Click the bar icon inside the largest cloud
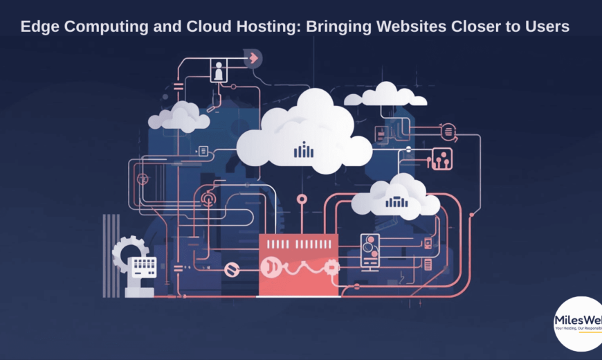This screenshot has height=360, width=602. [x=303, y=150]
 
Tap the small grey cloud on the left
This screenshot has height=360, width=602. [x=179, y=118]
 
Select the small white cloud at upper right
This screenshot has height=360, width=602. [x=386, y=96]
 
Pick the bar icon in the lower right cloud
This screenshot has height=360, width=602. [x=396, y=202]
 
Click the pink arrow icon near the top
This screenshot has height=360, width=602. [x=253, y=58]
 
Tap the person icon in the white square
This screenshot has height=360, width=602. [x=219, y=71]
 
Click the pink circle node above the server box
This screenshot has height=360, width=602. [x=302, y=199]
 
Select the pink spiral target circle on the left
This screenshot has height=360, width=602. [x=208, y=199]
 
